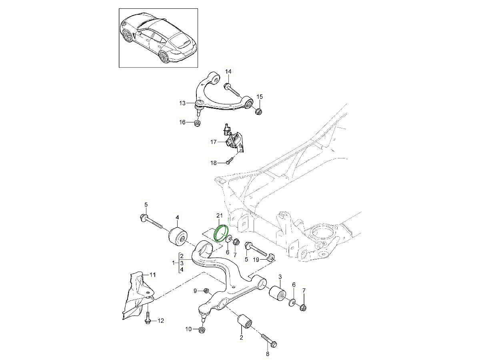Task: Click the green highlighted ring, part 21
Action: [221, 234]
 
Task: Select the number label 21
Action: [219, 216]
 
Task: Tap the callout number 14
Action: [228, 72]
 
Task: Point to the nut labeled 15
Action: [258, 111]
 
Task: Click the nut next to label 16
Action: [197, 123]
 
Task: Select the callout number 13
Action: [182, 104]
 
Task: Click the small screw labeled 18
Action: [229, 162]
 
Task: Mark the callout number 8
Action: [267, 354]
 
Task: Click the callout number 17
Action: [213, 142]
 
